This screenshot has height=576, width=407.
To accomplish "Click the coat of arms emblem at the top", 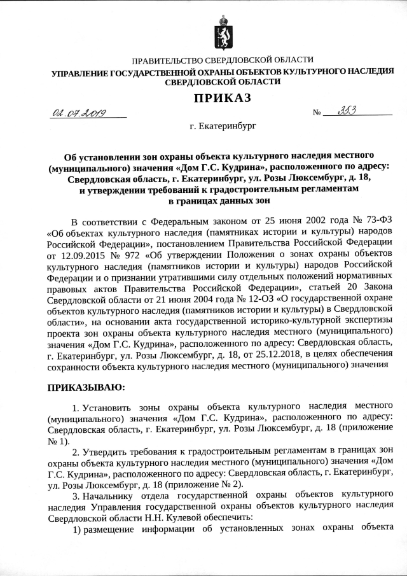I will [x=222, y=31].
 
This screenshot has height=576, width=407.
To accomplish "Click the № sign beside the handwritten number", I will [x=316, y=114].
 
